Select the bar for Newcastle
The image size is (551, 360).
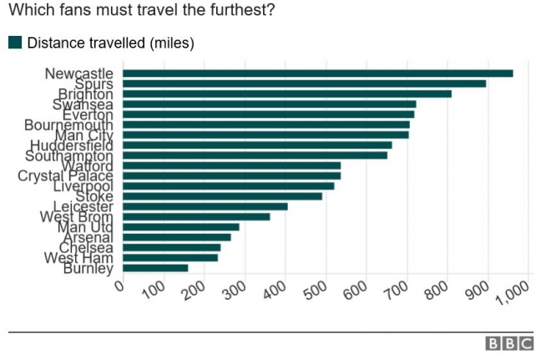pos(318,74)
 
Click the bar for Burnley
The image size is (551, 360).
pos(155,268)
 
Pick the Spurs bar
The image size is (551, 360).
pos(305,84)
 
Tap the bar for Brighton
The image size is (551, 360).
pos(287,94)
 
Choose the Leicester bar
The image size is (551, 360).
pos(205,206)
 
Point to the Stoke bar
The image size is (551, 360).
pos(223,196)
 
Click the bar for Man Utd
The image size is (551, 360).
pos(181,226)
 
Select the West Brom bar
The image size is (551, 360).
pos(197,216)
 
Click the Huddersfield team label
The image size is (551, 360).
pos(71,145)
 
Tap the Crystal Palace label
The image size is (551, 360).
pos(65,176)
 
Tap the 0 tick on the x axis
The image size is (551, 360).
pos(119,287)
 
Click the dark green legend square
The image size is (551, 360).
pos(15,43)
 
